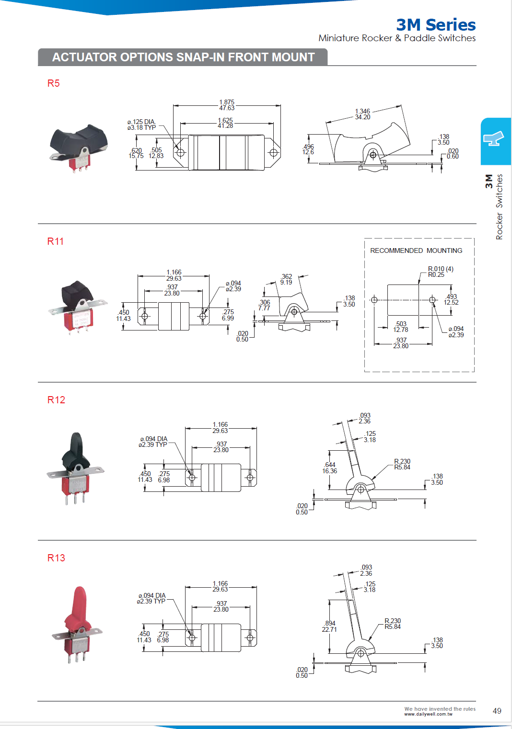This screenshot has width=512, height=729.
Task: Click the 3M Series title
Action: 435,25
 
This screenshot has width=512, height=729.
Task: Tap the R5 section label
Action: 54,83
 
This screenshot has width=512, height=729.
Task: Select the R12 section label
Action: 56,400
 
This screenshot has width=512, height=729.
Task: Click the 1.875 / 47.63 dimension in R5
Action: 227,105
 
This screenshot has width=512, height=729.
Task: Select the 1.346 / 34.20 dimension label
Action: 362,114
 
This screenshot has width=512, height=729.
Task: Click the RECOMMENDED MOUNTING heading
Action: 416,251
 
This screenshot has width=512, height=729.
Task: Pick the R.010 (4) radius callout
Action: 440,272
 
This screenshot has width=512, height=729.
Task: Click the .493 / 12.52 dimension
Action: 451,299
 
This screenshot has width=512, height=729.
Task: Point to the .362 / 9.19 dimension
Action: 286,279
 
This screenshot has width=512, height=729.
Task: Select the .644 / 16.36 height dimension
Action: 330,468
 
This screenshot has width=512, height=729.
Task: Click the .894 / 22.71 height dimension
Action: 330,626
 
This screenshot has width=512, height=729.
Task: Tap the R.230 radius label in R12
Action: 402,464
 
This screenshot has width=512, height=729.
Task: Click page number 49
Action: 497,711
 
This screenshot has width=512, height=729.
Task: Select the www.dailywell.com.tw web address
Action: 428,714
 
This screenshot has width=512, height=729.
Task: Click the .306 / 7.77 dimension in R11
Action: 264,305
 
